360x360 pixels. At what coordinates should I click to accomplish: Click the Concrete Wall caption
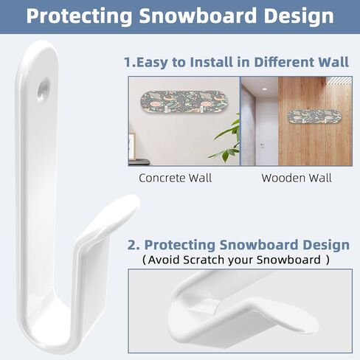[175, 178]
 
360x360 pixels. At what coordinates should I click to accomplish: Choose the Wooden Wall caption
[297, 178]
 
